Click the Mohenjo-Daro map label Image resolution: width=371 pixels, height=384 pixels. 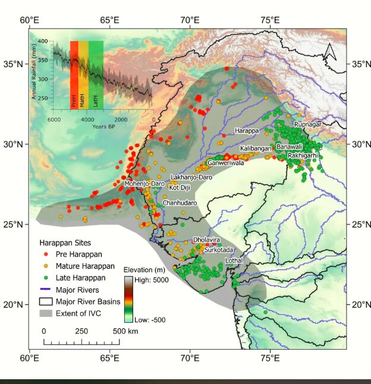tap(144, 183)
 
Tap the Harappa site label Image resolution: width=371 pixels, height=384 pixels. tap(247, 131)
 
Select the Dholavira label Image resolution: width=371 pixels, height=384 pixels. tap(206, 240)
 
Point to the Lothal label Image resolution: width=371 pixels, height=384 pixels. tap(234, 260)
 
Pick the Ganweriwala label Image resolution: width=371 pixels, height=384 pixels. tap(225, 163)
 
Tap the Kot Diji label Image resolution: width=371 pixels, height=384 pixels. tap(180, 188)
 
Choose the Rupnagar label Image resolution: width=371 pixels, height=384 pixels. tap(307, 125)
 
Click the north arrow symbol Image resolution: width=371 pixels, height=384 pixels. tap(330, 53)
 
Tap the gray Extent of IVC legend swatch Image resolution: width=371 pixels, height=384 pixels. tap(45, 312)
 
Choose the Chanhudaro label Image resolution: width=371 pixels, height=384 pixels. tap(180, 203)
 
